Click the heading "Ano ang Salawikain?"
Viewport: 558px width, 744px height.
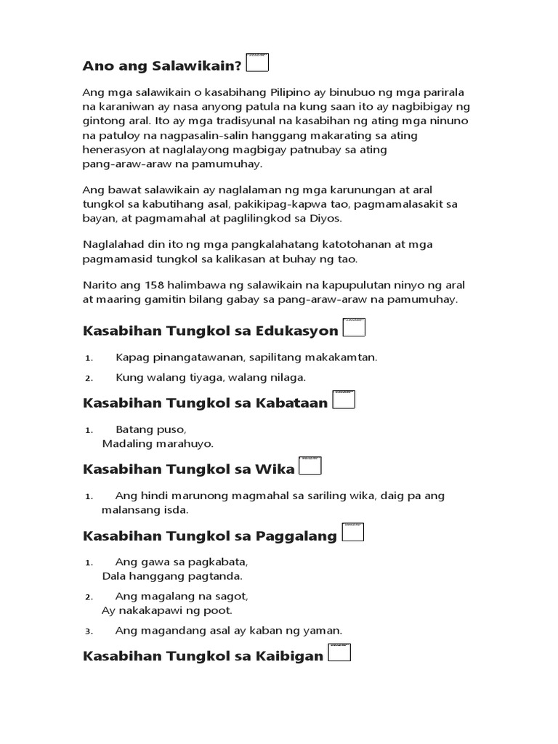click(163, 66)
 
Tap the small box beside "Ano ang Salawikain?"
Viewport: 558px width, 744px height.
click(258, 62)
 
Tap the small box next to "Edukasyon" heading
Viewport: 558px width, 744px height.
click(354, 328)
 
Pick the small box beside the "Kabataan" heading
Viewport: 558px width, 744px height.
click(344, 400)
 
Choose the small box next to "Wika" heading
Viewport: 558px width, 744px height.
click(310, 466)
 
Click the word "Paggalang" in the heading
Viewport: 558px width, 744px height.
click(296, 536)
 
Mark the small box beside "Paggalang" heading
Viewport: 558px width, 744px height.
click(352, 533)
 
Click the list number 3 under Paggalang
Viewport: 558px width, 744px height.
click(89, 631)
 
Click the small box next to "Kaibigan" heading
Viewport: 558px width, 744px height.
click(339, 652)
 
